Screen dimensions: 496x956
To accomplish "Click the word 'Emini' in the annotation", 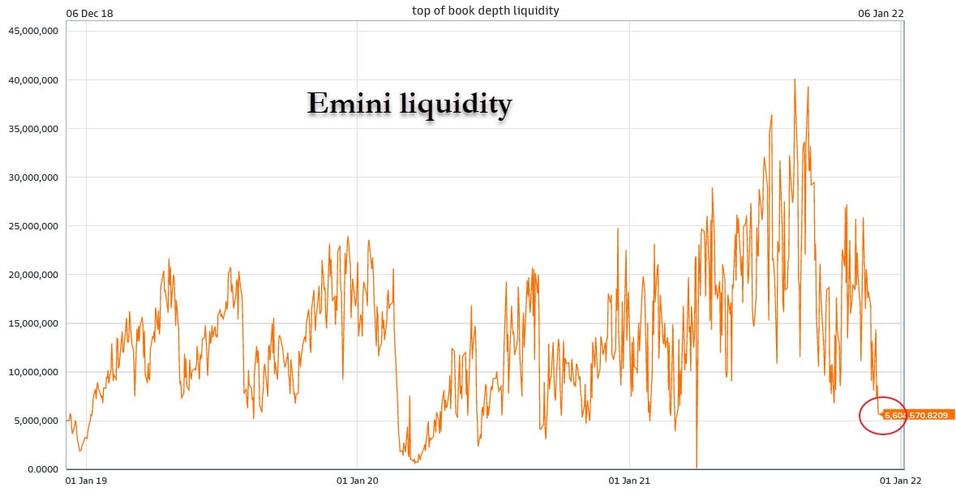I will point(351,105).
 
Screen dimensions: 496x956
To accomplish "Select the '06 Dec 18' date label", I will point(89,13).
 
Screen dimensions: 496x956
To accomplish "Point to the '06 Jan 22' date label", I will point(881,13).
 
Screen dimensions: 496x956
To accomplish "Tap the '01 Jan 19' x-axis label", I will point(87,481).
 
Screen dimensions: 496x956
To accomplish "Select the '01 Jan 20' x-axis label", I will point(357,481).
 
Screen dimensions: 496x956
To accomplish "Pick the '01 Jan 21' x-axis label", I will point(630,481).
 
